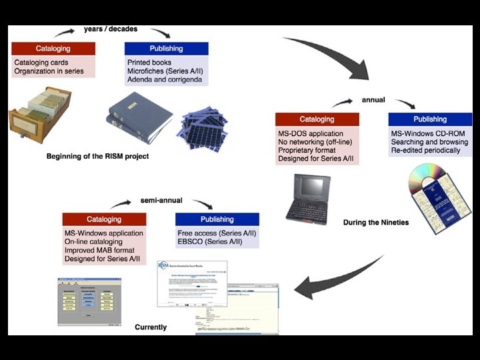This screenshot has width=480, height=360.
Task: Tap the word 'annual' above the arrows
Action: [373, 100]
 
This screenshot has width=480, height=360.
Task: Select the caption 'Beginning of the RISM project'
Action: [97, 157]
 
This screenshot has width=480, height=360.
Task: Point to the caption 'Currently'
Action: [151, 327]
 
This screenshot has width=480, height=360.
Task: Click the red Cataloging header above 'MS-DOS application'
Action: [317, 119]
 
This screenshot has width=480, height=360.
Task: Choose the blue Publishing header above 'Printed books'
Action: [166, 49]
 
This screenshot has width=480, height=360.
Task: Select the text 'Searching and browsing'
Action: [429, 142]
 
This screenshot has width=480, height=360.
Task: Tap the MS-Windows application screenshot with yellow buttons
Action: [93, 303]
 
